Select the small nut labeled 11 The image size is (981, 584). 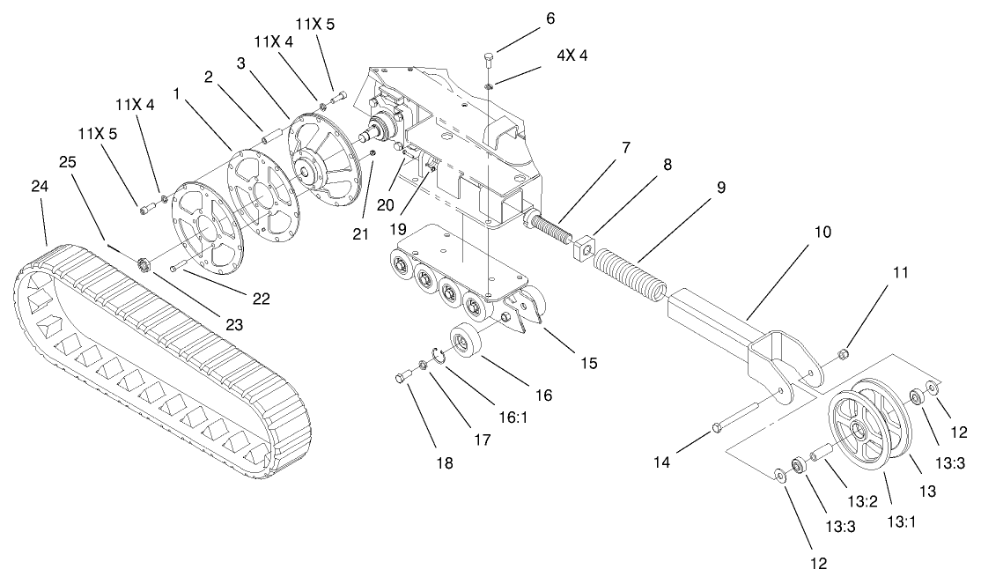[x=842, y=354]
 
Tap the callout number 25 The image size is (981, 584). [x=67, y=163]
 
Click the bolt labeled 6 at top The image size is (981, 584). [x=489, y=59]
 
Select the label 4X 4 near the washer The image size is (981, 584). [x=571, y=55]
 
